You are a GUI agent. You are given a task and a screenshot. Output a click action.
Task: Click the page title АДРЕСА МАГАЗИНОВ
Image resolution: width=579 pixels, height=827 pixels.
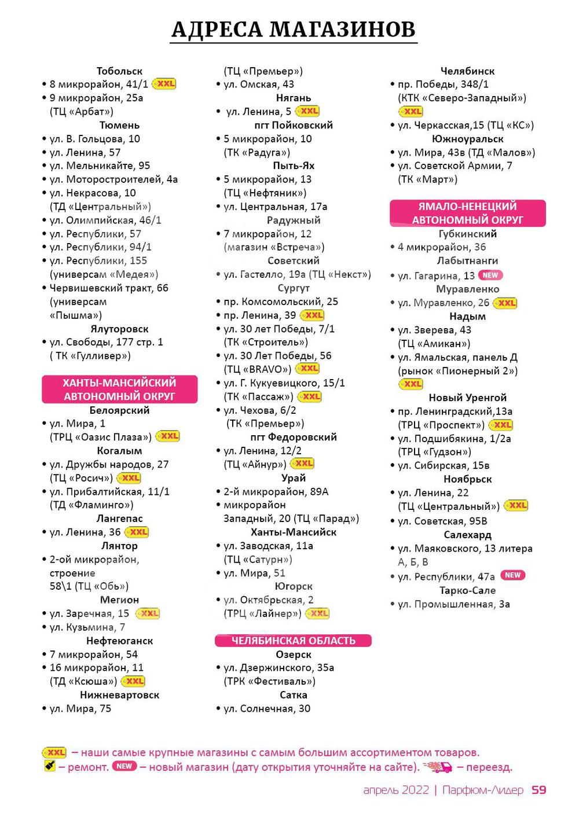click(x=294, y=30)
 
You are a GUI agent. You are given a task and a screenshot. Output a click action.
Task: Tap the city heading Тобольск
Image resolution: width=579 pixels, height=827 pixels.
click(x=119, y=71)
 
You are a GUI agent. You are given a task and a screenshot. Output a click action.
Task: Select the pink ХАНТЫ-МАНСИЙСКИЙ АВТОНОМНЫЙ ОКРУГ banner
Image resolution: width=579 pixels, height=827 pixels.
click(x=119, y=389)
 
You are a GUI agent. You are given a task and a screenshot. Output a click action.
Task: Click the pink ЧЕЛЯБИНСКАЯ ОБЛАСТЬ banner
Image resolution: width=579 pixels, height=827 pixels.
click(x=293, y=641)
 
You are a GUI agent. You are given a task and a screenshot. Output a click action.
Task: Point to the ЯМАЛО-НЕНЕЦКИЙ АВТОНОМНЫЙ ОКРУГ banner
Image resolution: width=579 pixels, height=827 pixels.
click(x=467, y=213)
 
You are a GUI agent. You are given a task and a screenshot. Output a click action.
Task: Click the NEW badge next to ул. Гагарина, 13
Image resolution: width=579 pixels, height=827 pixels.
click(x=491, y=275)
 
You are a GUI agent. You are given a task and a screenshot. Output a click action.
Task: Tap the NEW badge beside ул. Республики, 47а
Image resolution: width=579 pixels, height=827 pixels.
click(x=513, y=575)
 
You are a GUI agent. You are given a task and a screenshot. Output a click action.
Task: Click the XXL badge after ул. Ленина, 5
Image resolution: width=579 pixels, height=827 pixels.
click(x=307, y=111)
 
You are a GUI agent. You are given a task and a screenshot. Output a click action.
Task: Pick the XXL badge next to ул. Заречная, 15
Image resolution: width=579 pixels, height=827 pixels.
click(x=148, y=613)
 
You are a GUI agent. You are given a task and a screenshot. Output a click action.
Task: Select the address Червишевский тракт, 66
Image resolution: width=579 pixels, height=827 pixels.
click(x=109, y=288)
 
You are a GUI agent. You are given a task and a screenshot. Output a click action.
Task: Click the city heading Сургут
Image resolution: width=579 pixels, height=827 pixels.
click(x=294, y=288)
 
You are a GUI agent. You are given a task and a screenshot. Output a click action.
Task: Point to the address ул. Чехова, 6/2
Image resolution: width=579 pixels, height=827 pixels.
click(x=260, y=410)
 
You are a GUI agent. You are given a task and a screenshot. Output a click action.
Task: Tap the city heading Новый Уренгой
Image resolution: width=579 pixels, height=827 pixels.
click(x=467, y=398)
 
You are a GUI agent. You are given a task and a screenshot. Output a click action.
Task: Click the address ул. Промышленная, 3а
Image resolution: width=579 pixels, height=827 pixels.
click(x=454, y=604)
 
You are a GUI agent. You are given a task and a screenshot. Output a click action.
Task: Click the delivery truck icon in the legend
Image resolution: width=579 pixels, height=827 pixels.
click(x=438, y=768)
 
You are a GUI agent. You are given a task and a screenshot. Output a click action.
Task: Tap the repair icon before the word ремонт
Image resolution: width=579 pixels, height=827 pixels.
click(x=49, y=767)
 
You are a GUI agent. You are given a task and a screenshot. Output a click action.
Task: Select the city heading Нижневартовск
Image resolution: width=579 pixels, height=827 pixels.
click(x=119, y=695)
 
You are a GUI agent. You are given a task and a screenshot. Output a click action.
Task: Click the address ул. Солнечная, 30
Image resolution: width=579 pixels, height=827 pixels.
click(x=267, y=708)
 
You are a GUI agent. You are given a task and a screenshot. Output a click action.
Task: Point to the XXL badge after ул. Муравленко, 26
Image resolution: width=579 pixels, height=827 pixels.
click(x=505, y=303)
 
